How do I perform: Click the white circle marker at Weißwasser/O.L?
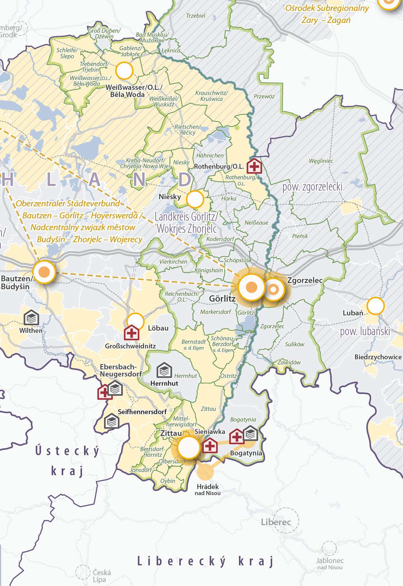(124, 71)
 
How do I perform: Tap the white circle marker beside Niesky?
(195, 199)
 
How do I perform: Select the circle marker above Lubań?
(375, 306)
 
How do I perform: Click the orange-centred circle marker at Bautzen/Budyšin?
(44, 272)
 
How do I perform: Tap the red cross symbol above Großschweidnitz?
(131, 333)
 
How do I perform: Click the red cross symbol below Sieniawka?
(210, 446)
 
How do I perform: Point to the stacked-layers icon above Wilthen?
(31, 318)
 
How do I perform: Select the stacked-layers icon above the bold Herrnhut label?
(164, 370)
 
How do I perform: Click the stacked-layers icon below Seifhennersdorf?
(112, 421)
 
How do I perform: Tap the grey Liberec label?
(276, 522)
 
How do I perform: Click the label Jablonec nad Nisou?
(330, 564)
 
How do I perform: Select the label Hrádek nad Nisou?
(208, 490)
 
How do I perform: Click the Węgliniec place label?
(321, 161)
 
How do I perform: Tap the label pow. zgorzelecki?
(312, 187)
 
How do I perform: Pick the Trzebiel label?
(196, 16)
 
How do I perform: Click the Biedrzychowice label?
(378, 357)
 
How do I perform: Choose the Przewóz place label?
(264, 96)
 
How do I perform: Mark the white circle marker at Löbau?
(135, 321)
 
